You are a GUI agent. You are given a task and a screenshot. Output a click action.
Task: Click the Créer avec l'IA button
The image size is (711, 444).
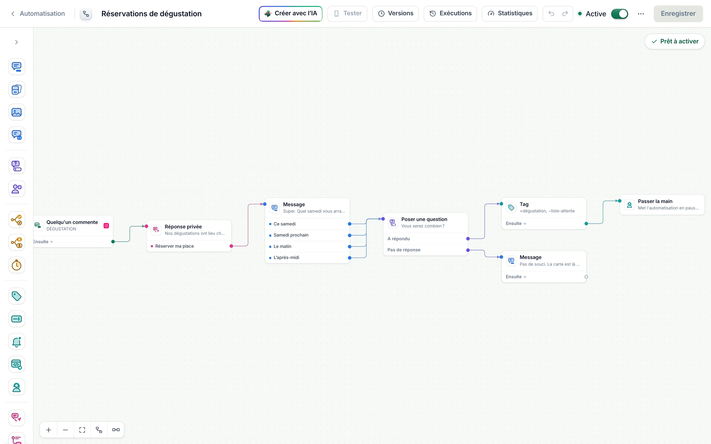(x=290, y=14)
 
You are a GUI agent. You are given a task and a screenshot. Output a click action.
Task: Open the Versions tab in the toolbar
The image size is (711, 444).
(x=395, y=14)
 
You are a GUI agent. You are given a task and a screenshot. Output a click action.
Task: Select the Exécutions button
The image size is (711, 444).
(x=450, y=14)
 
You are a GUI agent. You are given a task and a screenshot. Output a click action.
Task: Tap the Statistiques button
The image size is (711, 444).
(x=510, y=14)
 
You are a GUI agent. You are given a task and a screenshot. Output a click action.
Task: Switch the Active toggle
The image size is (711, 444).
(x=619, y=14)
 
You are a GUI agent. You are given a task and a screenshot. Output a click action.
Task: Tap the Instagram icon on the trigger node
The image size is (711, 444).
(x=106, y=225)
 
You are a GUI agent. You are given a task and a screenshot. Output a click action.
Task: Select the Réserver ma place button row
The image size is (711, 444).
(x=189, y=246)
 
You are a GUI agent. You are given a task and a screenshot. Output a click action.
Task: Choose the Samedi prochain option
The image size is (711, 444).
(x=291, y=235)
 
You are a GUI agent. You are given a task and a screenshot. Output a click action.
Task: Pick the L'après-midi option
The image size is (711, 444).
(x=286, y=258)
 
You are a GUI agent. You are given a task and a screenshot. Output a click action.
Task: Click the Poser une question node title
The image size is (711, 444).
(x=424, y=219)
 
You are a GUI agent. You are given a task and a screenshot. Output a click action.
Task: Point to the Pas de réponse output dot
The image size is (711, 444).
(x=468, y=250)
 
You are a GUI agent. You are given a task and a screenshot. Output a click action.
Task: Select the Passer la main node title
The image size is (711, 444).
(x=655, y=201)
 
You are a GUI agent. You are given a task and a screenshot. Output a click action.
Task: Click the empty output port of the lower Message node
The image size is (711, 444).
(x=586, y=277)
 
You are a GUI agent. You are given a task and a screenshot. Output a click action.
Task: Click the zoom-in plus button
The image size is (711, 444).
(x=49, y=430)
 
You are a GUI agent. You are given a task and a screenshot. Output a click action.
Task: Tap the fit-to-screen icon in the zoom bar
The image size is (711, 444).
(x=82, y=430)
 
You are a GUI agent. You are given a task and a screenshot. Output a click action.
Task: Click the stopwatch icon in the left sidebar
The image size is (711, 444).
(x=17, y=265)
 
